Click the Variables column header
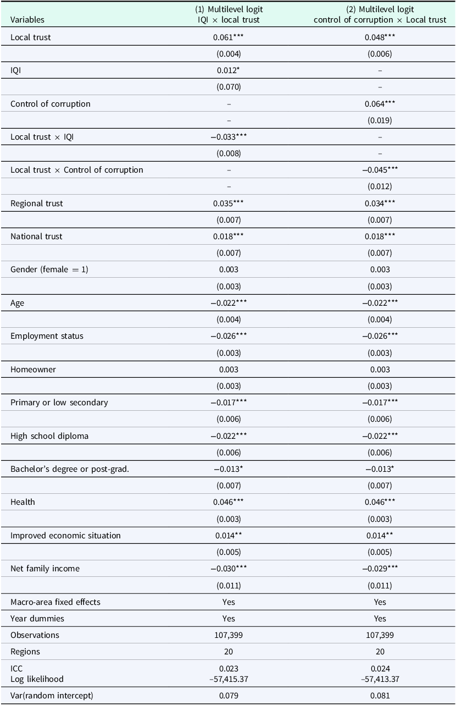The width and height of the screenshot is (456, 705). click(x=27, y=20)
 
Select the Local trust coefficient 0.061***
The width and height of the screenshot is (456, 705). click(x=229, y=37)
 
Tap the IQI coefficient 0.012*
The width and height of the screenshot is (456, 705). click(x=229, y=70)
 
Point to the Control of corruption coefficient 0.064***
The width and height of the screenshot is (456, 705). click(x=380, y=104)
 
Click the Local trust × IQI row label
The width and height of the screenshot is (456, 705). click(x=42, y=137)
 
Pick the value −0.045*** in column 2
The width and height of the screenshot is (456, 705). click(x=380, y=170)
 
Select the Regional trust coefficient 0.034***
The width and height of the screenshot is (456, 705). click(x=380, y=203)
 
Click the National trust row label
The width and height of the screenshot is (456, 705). click(x=36, y=236)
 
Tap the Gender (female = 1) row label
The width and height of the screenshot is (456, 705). click(x=49, y=269)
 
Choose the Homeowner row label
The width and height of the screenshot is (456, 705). click(x=33, y=369)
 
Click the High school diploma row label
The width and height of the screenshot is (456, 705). click(x=49, y=436)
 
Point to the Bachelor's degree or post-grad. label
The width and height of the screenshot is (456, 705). click(x=70, y=469)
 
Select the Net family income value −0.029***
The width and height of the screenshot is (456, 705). click(x=380, y=569)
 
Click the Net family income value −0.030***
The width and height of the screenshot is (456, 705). click(x=229, y=569)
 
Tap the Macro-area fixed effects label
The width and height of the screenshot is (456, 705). click(x=55, y=602)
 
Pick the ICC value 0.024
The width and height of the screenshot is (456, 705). click(x=380, y=668)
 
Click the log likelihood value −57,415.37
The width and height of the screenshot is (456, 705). click(x=229, y=679)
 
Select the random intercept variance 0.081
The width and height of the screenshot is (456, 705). click(x=380, y=695)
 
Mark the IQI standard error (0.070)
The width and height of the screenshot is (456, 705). click(x=229, y=87)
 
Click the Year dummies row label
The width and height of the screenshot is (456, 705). click(x=37, y=619)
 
